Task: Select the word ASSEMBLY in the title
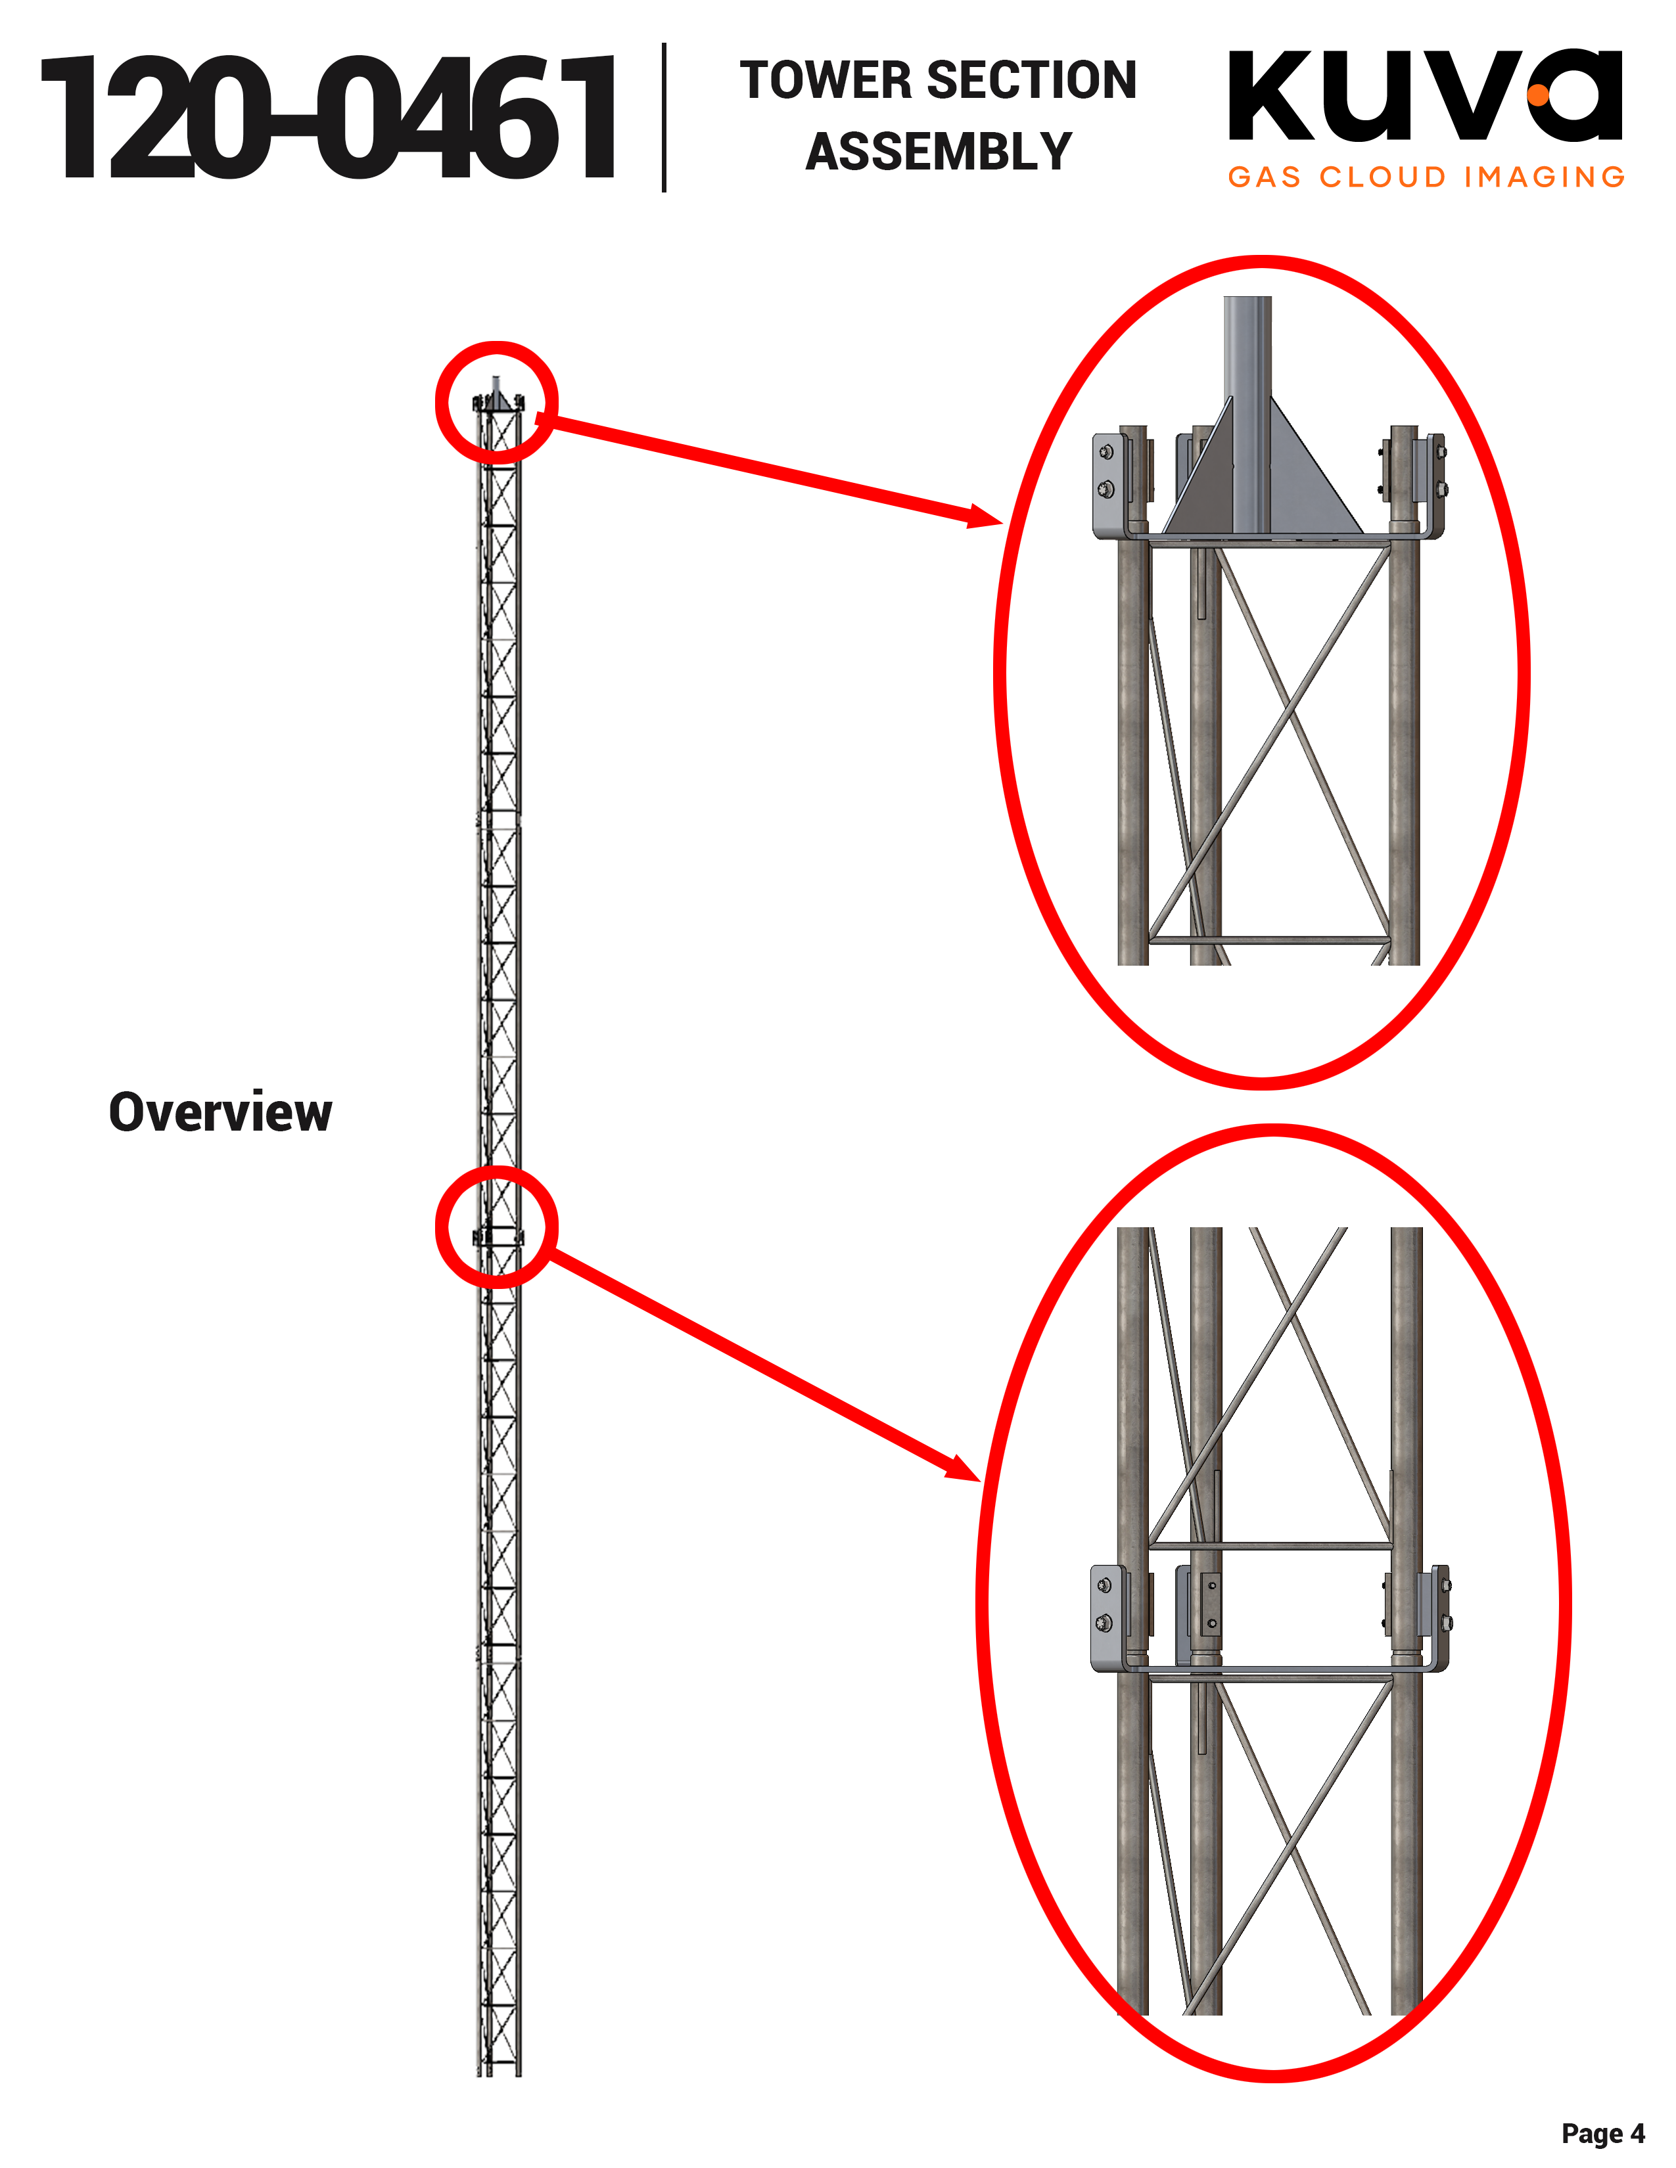click(939, 152)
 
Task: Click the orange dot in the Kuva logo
click(1538, 95)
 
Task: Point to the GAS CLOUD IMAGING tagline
click(1426, 177)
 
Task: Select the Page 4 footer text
click(1602, 2133)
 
